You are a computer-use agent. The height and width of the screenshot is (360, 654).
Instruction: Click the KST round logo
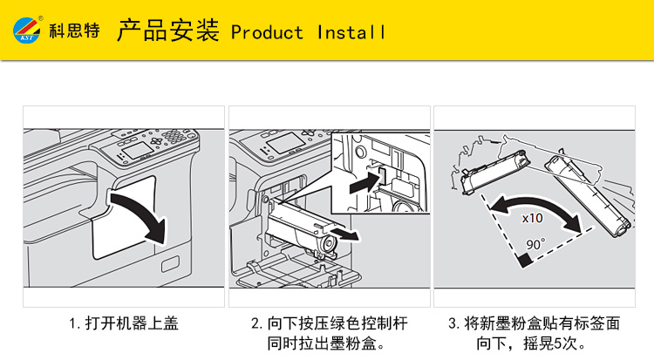point(26,30)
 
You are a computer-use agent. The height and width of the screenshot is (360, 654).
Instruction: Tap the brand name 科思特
point(75,31)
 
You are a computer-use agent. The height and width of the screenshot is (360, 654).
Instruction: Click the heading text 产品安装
point(168,30)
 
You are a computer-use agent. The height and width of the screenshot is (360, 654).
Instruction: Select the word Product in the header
point(267,32)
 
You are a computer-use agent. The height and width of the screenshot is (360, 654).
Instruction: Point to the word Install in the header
point(351,32)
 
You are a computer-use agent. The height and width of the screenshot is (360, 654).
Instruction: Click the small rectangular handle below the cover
point(170,264)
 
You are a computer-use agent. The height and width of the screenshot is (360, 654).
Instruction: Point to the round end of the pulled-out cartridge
point(328,244)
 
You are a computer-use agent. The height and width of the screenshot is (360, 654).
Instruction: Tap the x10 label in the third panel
point(533,218)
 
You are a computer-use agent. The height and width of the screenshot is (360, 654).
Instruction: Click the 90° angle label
point(535,244)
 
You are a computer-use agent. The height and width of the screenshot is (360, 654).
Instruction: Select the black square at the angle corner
point(525,261)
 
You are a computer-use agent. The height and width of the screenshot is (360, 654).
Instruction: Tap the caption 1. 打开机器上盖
point(124,323)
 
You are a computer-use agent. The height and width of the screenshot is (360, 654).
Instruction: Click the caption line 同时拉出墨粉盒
point(326,343)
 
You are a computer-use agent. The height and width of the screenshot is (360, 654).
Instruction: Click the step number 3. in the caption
point(453,323)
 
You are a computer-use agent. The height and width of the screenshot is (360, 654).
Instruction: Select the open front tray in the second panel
point(297,271)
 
